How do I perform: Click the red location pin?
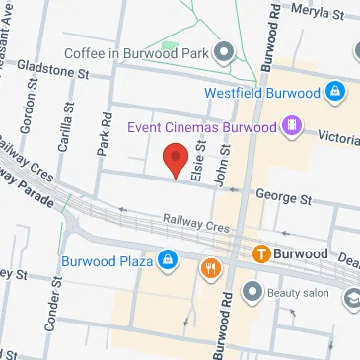click(x=176, y=159)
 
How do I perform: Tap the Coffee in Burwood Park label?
click(x=138, y=51)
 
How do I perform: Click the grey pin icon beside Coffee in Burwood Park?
click(x=224, y=51)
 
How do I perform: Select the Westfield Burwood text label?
click(x=262, y=93)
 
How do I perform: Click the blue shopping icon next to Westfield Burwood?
click(x=335, y=93)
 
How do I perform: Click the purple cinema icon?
click(x=292, y=125)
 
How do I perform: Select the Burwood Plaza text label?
click(x=106, y=261)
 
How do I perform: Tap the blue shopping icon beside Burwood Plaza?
click(x=168, y=261)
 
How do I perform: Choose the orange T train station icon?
click(x=261, y=253)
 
